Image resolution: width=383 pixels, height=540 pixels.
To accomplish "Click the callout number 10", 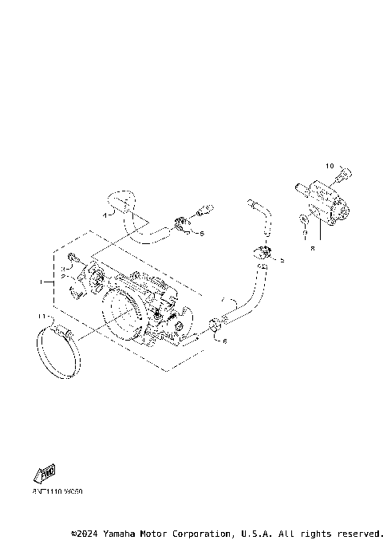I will [329, 166].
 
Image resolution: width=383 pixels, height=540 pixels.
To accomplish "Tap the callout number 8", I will [313, 248].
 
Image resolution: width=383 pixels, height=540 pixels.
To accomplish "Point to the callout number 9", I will [304, 236].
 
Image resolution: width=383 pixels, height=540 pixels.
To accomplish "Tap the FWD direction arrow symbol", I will [46, 475].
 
